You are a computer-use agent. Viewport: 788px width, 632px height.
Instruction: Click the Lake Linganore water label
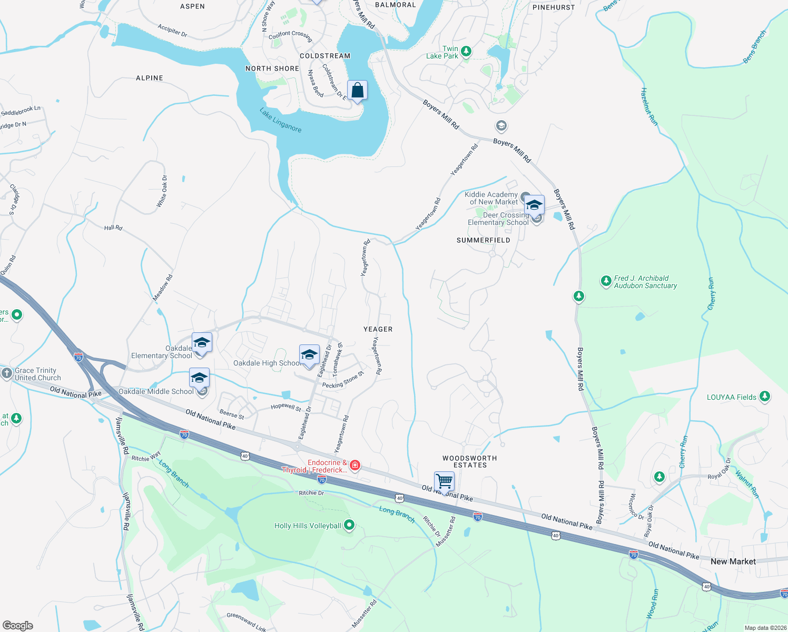point(280,120)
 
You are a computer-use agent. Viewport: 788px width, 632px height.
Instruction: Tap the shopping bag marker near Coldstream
point(357,91)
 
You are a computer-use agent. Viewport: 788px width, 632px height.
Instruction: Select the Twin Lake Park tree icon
point(466,52)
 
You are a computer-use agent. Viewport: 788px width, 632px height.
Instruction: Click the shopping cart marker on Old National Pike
point(444,481)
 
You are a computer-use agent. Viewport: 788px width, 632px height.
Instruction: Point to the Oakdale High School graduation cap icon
point(309,354)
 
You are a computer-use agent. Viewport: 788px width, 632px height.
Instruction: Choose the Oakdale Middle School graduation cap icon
point(199,378)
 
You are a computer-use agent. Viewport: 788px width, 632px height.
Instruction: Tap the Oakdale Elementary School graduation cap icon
point(202,343)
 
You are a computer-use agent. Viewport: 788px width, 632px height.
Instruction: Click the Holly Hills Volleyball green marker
point(349,525)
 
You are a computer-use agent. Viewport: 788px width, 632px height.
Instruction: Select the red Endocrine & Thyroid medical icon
point(356,465)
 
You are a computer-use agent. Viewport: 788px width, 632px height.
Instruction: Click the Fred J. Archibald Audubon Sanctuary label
point(645,282)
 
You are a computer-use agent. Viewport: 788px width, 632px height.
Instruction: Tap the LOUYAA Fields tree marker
point(765,397)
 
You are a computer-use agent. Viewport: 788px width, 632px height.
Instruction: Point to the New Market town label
point(733,561)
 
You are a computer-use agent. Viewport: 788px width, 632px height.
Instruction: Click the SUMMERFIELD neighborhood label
point(483,240)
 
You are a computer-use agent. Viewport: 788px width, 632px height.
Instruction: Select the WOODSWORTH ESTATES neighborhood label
point(469,462)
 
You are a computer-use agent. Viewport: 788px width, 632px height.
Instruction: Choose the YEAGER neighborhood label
point(378,329)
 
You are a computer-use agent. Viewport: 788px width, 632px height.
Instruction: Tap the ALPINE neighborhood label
point(150,78)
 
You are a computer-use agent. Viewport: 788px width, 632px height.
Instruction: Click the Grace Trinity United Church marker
point(6,373)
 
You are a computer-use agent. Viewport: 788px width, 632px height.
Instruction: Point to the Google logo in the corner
point(18,625)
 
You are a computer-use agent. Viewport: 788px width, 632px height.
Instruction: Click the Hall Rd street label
point(113,228)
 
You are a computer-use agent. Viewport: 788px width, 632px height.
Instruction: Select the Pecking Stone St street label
point(343,381)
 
